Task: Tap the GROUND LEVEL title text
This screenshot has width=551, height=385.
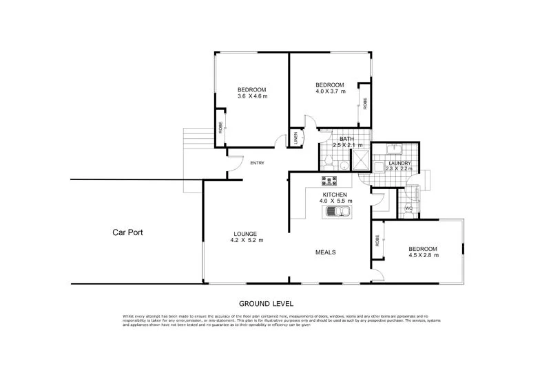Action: tap(266, 302)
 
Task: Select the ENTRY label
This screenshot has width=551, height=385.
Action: tap(258, 163)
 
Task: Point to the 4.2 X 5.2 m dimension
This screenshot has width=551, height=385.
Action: tap(247, 241)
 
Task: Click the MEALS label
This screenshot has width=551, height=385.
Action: tap(325, 252)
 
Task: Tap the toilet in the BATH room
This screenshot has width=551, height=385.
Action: tap(330, 162)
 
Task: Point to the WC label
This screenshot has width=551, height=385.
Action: tap(408, 208)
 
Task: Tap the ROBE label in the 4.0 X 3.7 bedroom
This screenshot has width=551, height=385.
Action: tap(365, 104)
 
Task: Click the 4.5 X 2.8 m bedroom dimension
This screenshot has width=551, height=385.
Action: tap(424, 256)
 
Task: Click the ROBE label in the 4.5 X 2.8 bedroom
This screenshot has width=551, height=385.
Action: tap(377, 241)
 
